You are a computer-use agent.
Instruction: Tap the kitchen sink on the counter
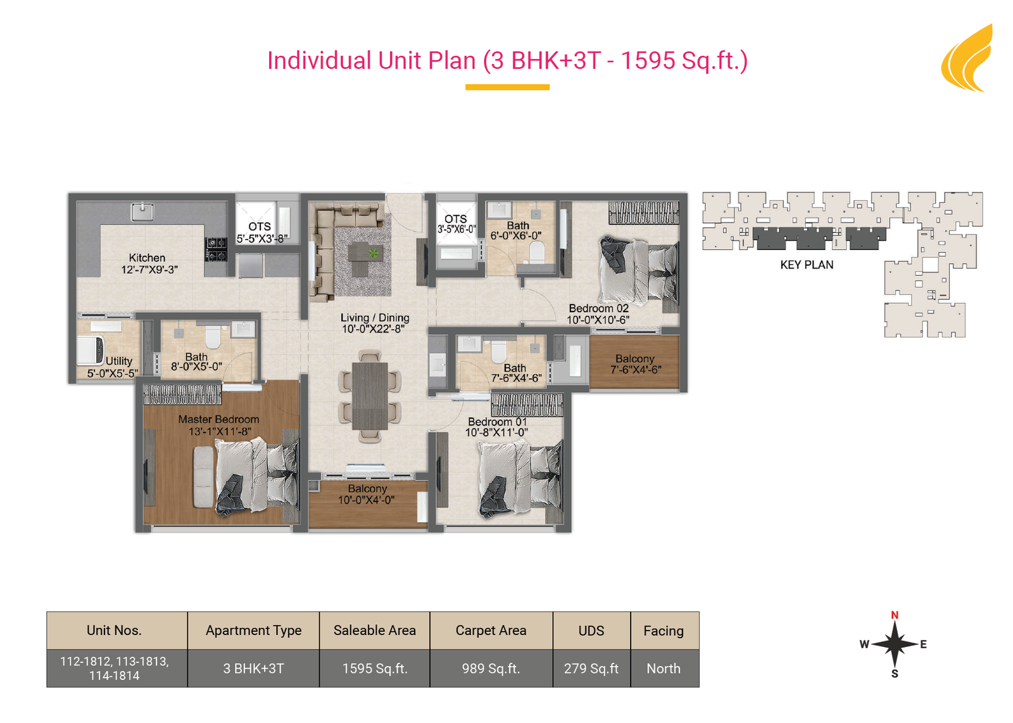[142, 212]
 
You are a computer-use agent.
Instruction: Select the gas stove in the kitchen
[216, 249]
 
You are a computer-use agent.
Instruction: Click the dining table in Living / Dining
[370, 396]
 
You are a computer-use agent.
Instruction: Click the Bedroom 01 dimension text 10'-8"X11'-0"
[496, 432]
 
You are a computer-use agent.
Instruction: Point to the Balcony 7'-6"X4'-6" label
[636, 365]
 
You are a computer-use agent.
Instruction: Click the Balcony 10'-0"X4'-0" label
[367, 494]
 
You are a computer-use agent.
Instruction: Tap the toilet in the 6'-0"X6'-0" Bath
[537, 252]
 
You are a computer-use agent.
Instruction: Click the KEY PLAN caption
[807, 265]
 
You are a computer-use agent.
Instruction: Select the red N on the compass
[895, 615]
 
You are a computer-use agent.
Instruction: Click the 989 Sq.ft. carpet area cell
[491, 669]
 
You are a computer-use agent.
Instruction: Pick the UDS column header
[591, 631]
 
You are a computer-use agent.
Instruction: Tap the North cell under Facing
[664, 669]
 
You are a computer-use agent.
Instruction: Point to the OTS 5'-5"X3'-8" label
[261, 232]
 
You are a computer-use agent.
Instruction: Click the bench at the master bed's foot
[203, 477]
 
